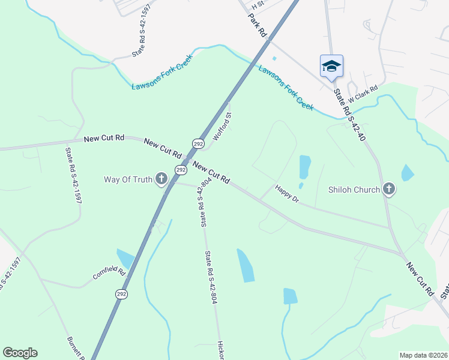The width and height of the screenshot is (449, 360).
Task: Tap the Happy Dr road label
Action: point(287,193)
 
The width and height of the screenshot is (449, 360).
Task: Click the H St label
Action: point(258,4)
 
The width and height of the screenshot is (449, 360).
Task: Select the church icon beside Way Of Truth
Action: point(161,178)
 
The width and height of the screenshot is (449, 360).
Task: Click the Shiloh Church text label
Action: point(354,190)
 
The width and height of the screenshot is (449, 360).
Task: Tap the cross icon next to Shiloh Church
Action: point(389,190)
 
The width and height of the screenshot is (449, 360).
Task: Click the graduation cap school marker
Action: point(331,65)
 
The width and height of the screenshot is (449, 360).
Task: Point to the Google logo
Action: point(20,353)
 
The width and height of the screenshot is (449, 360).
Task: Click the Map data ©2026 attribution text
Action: point(423,355)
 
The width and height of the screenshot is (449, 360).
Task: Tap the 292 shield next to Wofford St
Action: point(199,144)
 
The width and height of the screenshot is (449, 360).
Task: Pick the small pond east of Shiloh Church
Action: point(408,173)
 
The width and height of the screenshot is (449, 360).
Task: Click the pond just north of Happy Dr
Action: point(305,167)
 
